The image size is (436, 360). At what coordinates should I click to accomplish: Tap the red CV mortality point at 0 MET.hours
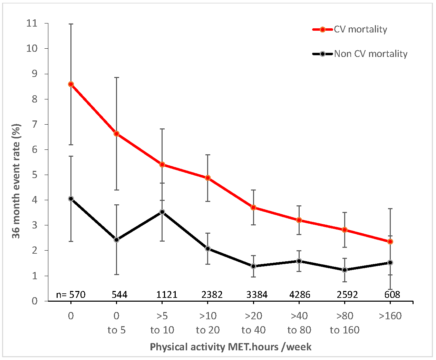point(71,84)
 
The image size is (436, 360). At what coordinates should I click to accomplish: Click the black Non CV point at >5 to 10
point(162,212)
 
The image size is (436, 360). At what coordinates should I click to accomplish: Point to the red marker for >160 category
point(390,242)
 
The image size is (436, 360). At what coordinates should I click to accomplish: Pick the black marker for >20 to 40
point(253,266)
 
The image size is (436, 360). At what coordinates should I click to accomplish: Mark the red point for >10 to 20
point(208,178)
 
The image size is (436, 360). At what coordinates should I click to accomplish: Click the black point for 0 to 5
point(116,240)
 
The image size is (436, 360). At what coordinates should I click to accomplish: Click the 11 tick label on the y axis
point(32,23)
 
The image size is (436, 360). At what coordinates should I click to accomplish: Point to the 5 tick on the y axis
point(34,175)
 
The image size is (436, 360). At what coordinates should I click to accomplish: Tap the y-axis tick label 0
point(34,301)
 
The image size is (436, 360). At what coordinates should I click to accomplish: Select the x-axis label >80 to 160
point(345,323)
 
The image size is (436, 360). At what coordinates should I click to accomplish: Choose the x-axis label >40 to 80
point(299,323)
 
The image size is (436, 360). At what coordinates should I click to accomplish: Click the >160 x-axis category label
point(390,316)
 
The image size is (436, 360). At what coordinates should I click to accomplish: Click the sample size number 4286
point(299,295)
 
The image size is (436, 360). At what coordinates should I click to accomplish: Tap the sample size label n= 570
point(71,295)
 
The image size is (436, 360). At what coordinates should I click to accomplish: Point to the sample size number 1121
point(167,295)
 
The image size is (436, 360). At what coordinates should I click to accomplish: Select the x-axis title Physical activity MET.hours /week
point(231,347)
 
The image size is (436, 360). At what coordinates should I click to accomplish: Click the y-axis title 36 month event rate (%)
point(16,181)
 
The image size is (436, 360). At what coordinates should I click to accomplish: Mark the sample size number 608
point(392,295)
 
